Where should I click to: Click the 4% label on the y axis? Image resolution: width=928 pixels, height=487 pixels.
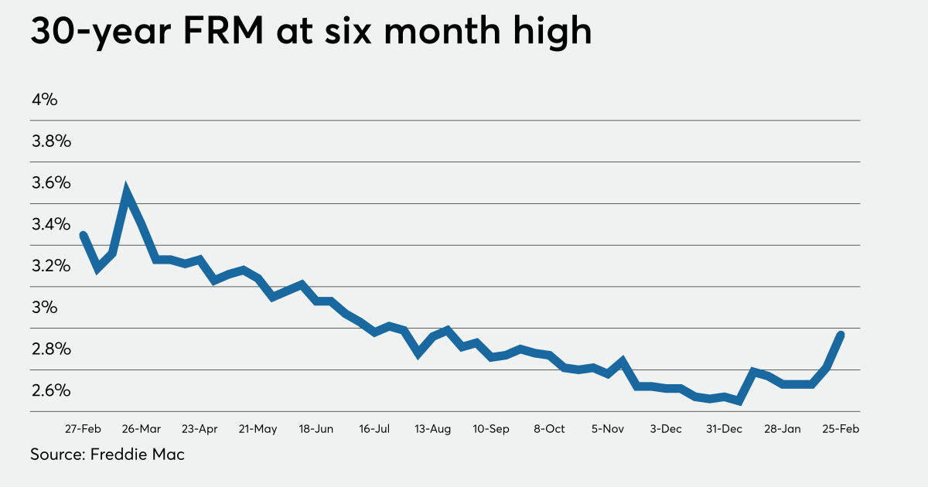point(45,100)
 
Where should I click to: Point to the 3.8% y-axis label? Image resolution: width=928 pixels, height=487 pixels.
point(51,141)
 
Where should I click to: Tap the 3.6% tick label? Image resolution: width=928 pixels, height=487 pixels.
point(51,183)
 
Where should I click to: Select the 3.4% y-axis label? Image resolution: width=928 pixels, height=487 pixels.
point(51,225)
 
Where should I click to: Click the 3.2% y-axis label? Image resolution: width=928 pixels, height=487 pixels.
point(51,266)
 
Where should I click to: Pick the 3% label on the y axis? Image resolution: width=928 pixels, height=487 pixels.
point(45,308)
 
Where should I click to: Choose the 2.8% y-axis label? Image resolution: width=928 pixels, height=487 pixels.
point(51,349)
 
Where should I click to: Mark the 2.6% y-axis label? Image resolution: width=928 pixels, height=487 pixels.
point(51,390)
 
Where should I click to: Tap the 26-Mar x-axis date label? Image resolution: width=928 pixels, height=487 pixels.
point(141,429)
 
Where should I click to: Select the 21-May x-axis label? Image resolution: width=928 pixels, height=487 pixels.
point(258,429)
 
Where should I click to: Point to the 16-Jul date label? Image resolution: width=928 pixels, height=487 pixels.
point(374,429)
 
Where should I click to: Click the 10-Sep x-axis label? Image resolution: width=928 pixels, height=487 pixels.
point(490,429)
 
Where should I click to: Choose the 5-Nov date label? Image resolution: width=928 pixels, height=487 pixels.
point(607,429)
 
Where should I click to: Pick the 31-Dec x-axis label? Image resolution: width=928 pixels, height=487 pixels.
point(724,429)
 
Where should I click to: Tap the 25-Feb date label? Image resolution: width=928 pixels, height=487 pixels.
point(841,429)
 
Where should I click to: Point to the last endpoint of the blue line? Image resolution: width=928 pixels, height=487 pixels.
point(841,335)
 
